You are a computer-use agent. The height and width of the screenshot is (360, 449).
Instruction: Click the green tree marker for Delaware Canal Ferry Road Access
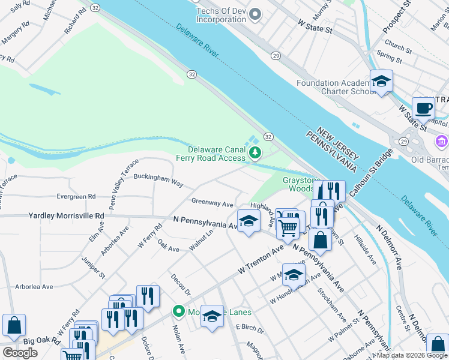pyautogui.click(x=256, y=154)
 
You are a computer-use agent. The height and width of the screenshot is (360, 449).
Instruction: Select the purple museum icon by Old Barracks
pyautogui.click(x=441, y=142)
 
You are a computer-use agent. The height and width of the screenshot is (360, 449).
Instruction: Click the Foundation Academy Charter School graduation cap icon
pyautogui.click(x=381, y=81)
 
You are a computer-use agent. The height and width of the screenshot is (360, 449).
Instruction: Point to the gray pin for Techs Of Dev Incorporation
pyautogui.click(x=256, y=13)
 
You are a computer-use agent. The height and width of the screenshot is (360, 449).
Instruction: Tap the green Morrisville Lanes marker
pyautogui.click(x=178, y=311)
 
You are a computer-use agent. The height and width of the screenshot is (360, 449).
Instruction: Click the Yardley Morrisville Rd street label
pyautogui.click(x=66, y=216)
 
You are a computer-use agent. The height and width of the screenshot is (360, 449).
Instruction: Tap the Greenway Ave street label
pyautogui.click(x=212, y=203)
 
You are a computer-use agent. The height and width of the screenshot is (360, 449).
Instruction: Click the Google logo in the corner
pyautogui.click(x=20, y=353)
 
